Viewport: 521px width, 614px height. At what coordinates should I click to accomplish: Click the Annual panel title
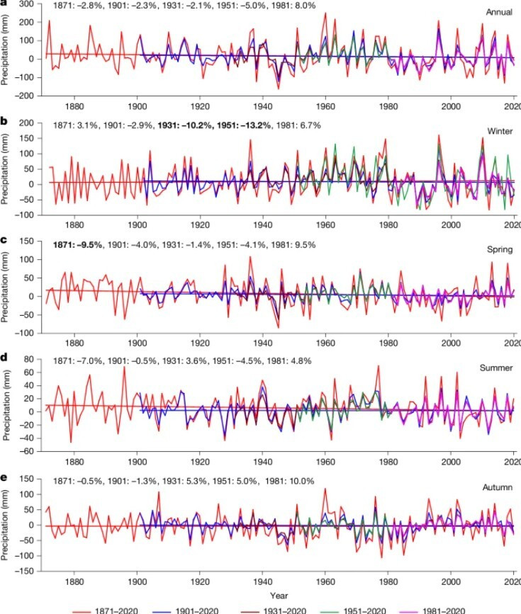pyautogui.click(x=495, y=12)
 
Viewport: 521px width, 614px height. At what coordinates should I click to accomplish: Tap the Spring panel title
pyautogui.click(x=497, y=250)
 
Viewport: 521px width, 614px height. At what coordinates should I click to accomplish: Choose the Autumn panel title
pyautogui.click(x=495, y=487)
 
